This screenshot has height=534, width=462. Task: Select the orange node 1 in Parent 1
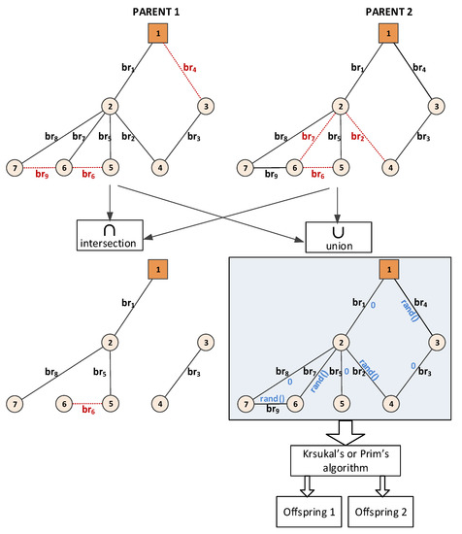[154, 36]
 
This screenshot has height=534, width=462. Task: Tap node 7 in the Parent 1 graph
[15, 167]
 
